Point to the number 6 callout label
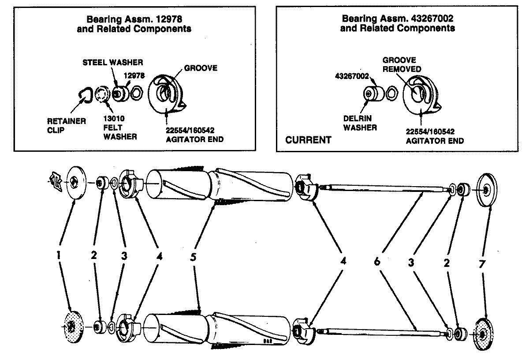point(377,262)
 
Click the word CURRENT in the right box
point(308,140)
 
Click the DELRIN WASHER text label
point(360,124)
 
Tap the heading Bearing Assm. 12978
point(134,24)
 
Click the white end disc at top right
point(485,190)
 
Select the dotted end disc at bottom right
point(484,334)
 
